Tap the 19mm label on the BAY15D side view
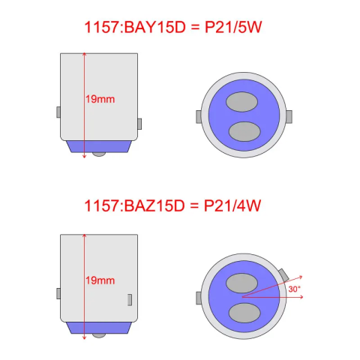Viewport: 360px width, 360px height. pyautogui.click(x=100, y=99)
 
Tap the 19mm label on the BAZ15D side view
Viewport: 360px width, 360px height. pyautogui.click(x=100, y=280)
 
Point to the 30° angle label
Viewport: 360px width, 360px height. pyautogui.click(x=294, y=289)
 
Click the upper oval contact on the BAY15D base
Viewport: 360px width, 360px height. pyautogui.click(x=241, y=102)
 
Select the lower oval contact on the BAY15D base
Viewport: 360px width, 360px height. pyautogui.click(x=244, y=131)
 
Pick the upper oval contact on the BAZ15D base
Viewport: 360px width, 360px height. pyautogui.click(x=241, y=283)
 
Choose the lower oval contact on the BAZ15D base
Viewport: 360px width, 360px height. pyautogui.click(x=244, y=313)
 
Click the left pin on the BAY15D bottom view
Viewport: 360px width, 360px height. pyautogui.click(x=199, y=117)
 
